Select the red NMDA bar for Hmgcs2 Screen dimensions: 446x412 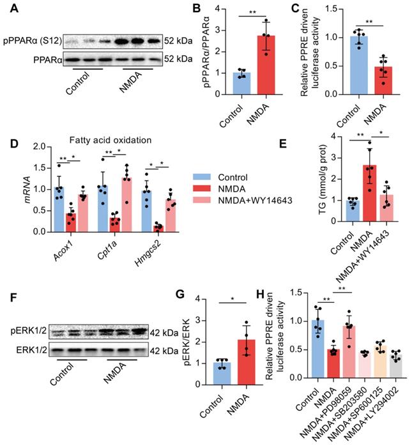coord(158,227)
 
